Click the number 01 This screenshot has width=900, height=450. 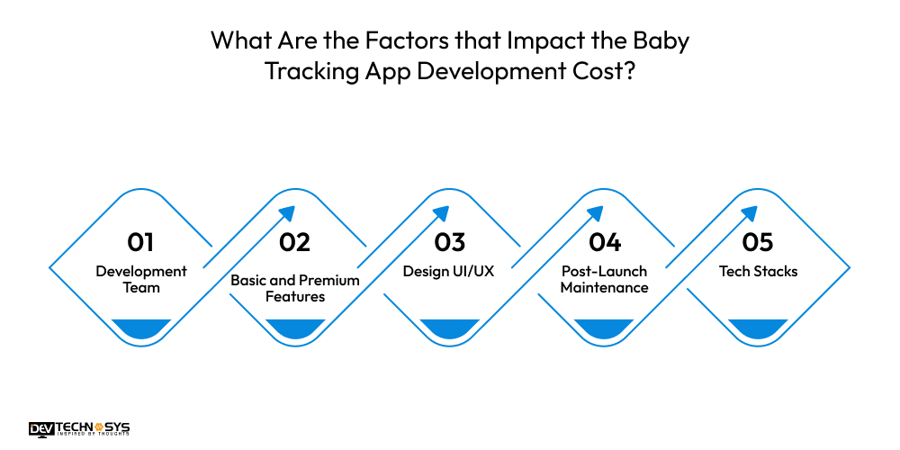140,242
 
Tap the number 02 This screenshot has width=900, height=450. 294,242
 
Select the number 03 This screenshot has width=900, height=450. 449,242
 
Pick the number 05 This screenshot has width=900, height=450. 758,242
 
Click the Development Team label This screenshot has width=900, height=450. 141,279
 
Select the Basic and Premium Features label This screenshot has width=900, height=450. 295,288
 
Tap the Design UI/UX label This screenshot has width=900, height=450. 449,271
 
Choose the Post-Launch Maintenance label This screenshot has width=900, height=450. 604,279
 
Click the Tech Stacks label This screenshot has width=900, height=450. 758,271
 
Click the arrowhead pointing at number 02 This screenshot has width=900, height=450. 287,214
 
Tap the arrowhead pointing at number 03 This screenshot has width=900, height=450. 441,214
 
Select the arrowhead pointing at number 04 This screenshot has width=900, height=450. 595,214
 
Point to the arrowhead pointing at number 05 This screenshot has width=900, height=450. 749,214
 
